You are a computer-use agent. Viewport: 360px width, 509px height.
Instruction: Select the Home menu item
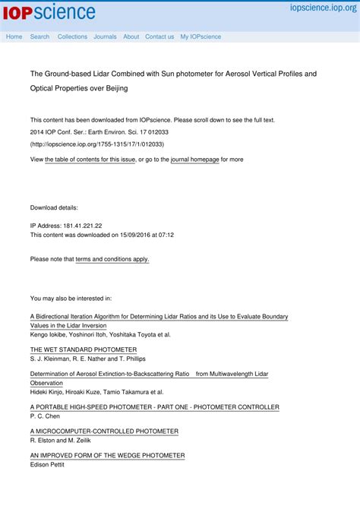click(14, 36)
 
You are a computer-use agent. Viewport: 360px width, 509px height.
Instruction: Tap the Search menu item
click(39, 36)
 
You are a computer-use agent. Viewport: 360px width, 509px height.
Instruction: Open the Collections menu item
click(72, 36)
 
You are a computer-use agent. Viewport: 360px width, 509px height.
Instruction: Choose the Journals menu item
click(105, 36)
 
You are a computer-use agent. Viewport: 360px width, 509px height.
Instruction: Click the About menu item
click(131, 36)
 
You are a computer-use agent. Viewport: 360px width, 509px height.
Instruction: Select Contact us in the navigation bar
click(159, 36)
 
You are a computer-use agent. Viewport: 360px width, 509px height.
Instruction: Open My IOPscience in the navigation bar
click(201, 36)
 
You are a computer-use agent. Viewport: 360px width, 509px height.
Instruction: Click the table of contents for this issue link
click(90, 160)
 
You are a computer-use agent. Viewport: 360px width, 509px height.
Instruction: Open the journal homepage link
click(194, 160)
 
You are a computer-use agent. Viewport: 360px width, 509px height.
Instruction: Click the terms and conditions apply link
click(112, 259)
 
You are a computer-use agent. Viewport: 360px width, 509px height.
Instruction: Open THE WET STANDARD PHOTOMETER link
click(78, 349)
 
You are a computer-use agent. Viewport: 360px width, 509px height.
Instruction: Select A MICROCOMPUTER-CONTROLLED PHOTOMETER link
click(104, 432)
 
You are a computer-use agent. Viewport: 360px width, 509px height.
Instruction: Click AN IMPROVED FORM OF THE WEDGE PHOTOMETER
click(107, 456)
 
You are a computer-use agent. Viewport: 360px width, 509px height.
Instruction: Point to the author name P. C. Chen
click(44, 416)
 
